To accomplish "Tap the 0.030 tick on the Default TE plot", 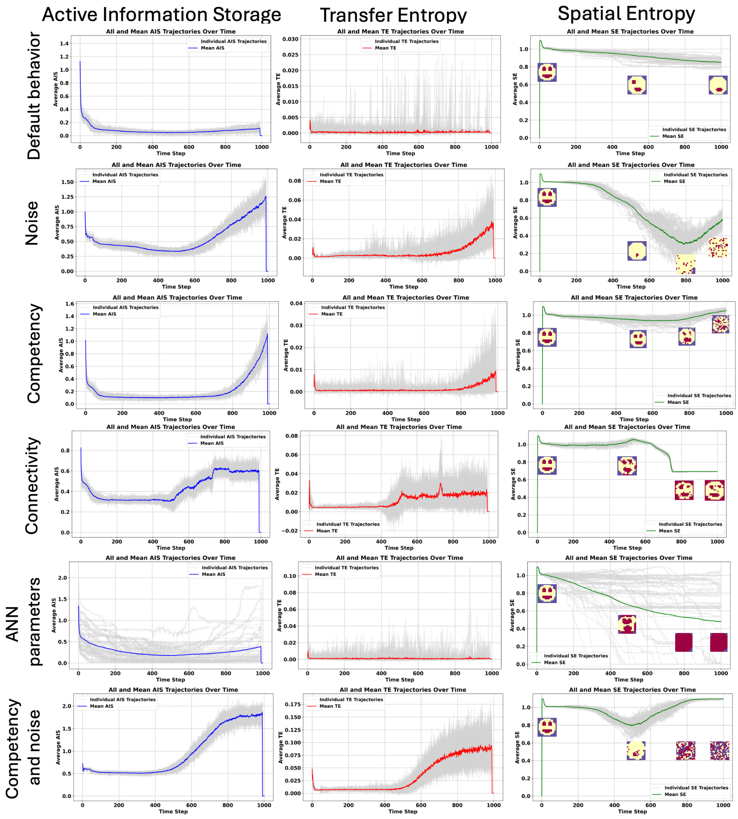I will (290, 39).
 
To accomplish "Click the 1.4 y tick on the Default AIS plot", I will (64, 43).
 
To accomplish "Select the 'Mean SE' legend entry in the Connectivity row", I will (669, 531).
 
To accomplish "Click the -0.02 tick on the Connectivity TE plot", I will (289, 531).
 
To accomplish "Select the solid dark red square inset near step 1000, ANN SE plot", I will (718, 642).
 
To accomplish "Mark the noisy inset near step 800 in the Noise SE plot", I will (685, 264).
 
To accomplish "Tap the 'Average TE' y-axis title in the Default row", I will (278, 89).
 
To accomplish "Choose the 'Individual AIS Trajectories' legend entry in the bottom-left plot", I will (123, 699).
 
